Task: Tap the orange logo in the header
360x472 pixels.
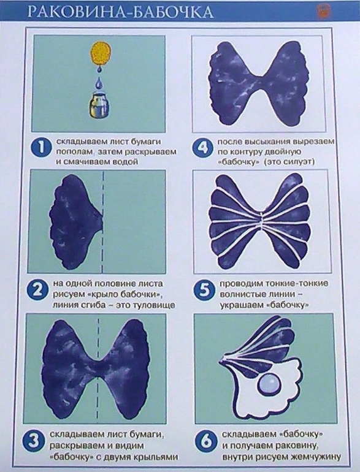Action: click(x=323, y=12)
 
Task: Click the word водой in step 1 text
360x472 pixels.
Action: click(x=126, y=162)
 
